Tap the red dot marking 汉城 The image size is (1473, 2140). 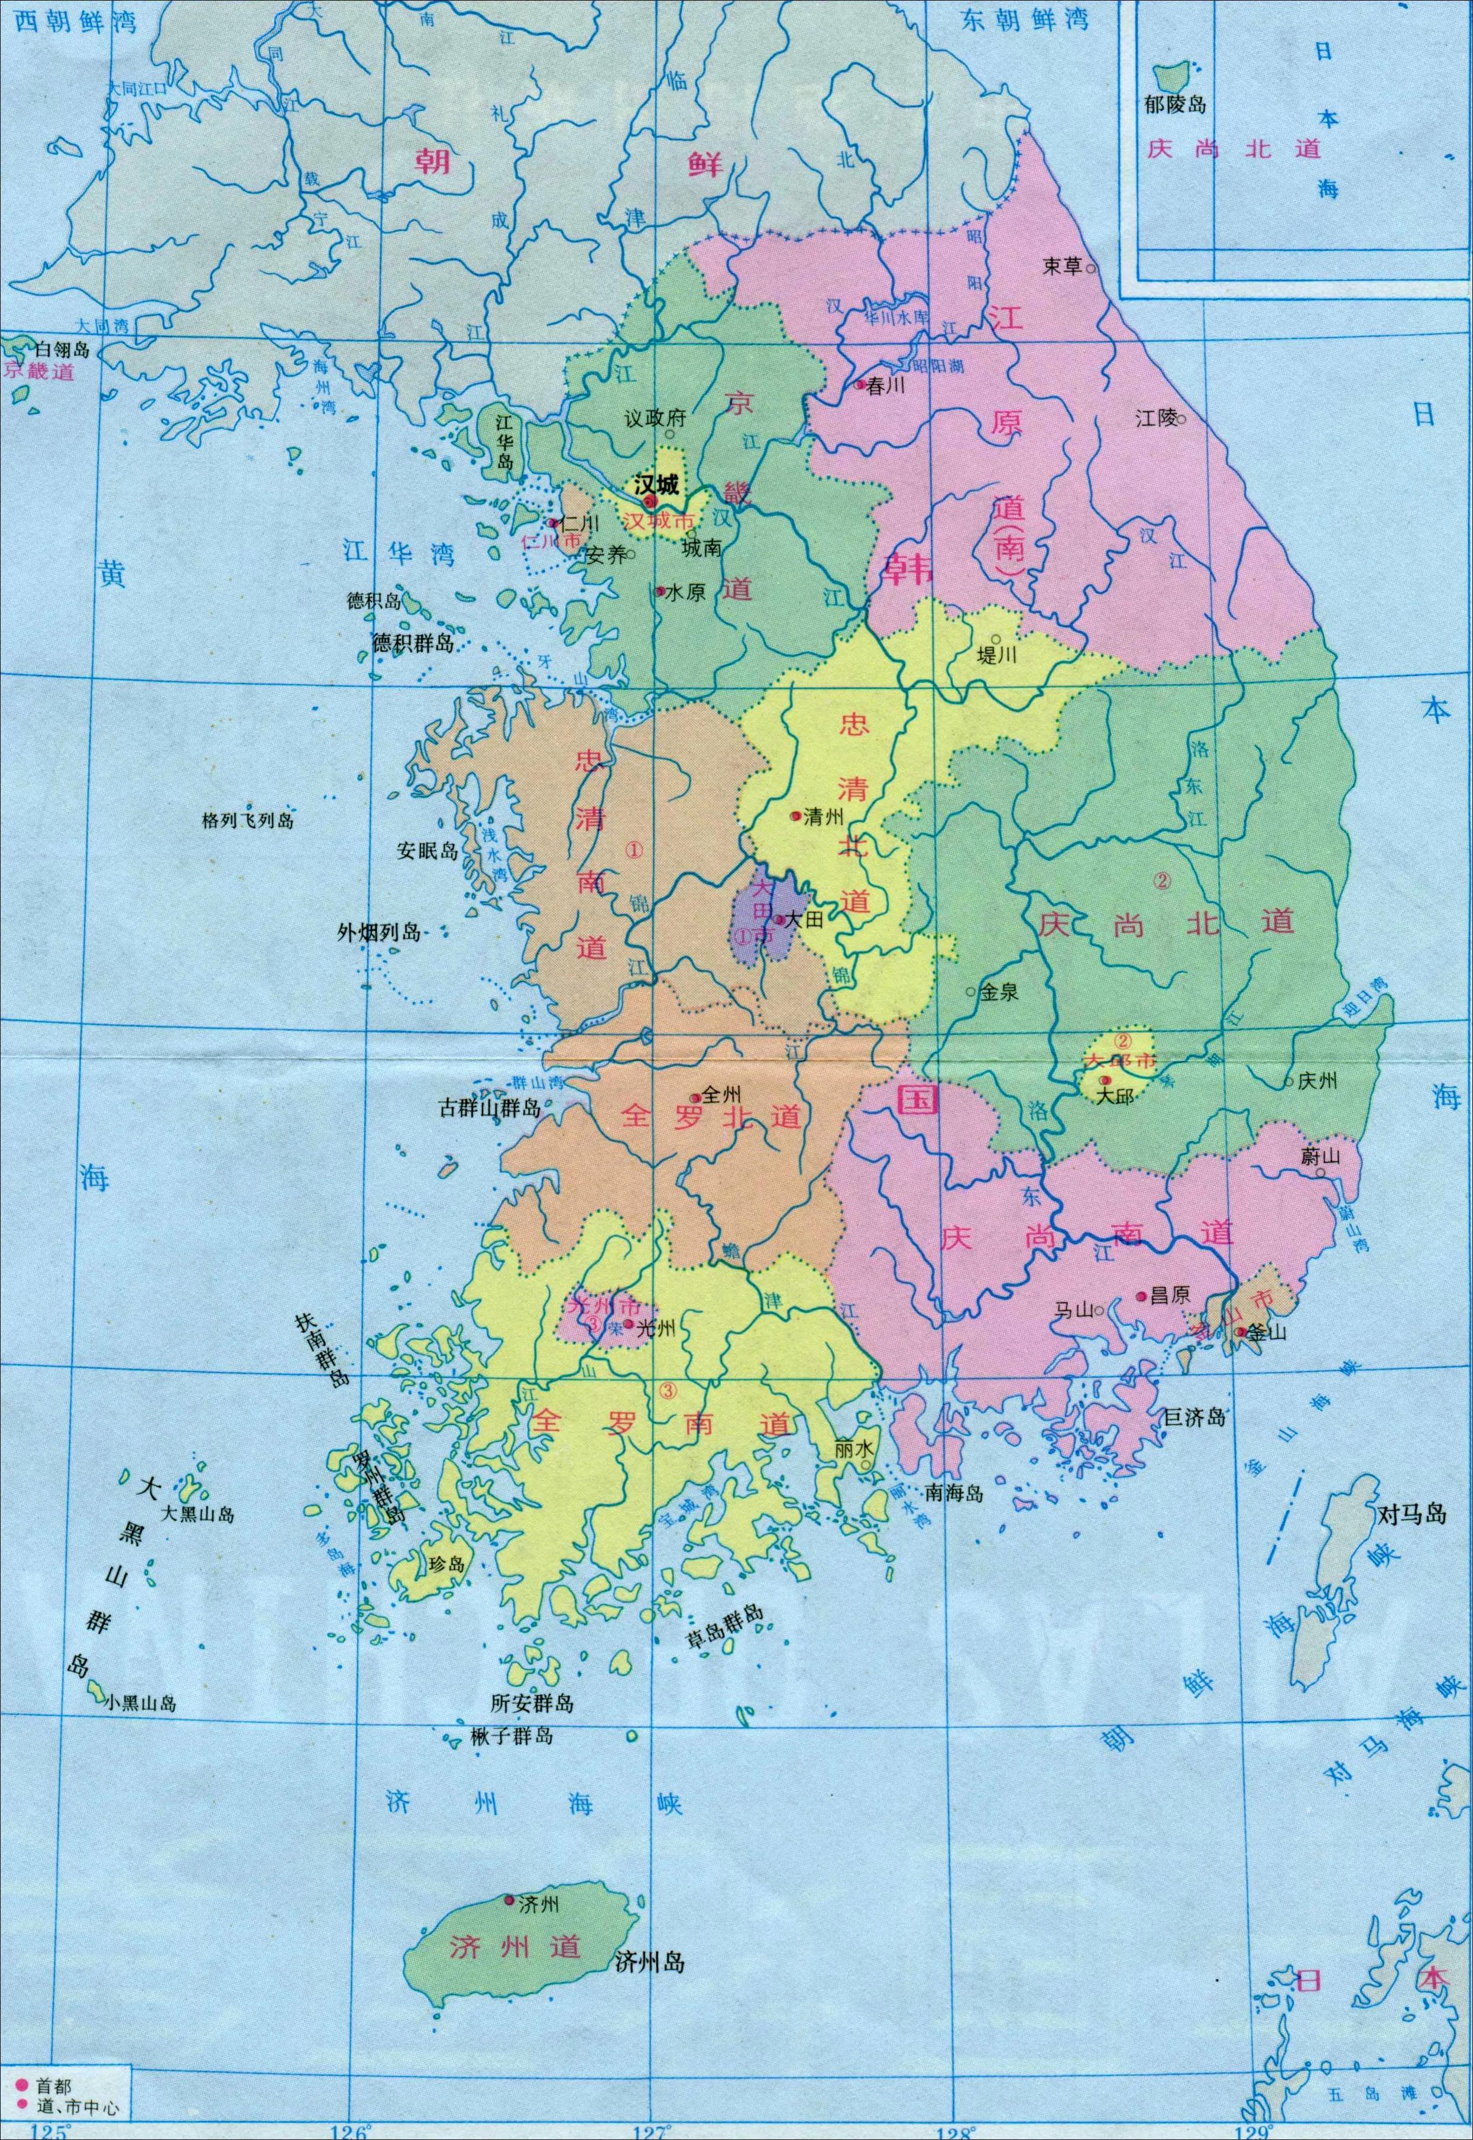(x=650, y=501)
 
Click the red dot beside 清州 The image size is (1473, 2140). (x=795, y=816)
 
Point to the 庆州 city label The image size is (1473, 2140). (x=1317, y=1080)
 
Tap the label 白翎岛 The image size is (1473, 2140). (x=63, y=349)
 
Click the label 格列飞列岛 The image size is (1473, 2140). (x=247, y=820)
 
